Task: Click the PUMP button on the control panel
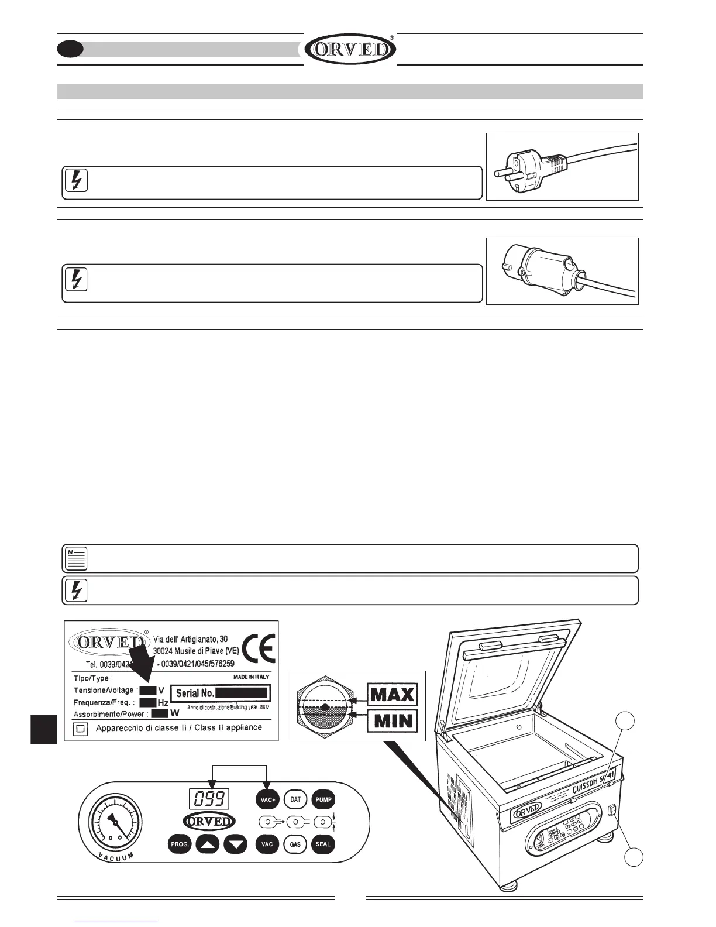pos(323,799)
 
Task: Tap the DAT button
pos(295,799)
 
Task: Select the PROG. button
pos(180,844)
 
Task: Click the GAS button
pos(295,844)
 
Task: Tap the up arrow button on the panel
pos(208,844)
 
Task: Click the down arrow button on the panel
pos(236,844)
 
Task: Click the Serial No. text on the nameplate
pos(195,693)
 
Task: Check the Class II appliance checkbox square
pos(81,729)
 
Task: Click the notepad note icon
pos(75,558)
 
